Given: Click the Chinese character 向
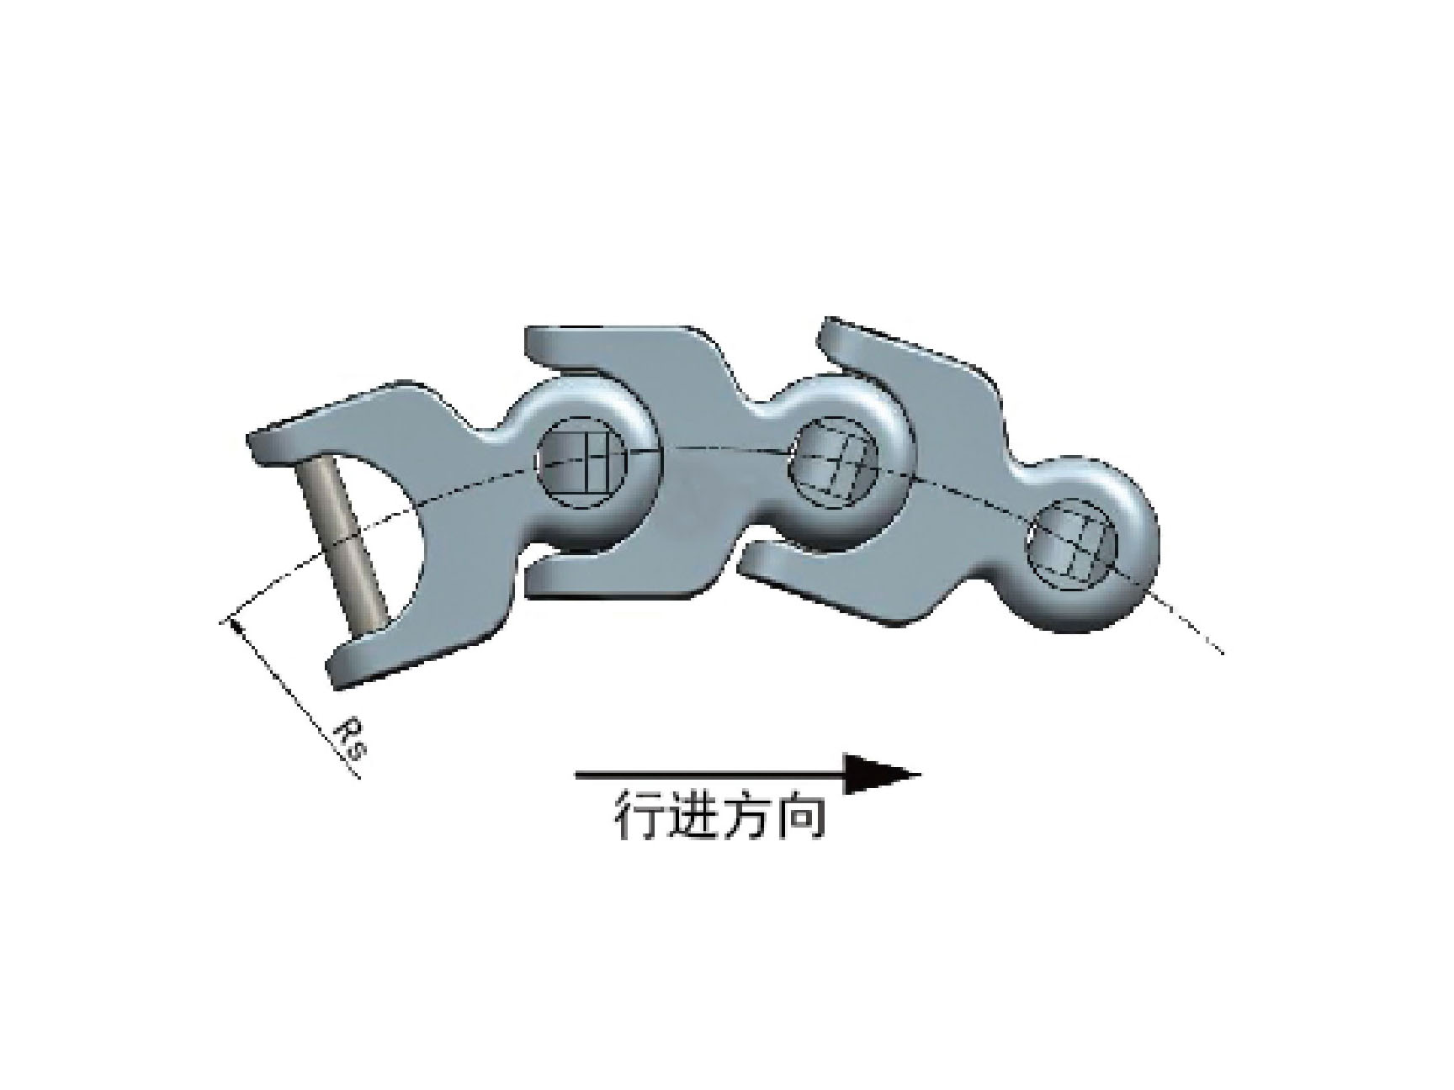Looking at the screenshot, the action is pos(800,814).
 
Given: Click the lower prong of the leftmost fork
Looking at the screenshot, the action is pos(404,648).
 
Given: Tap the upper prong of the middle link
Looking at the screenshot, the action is pos(623,353).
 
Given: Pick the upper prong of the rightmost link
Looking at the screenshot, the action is pos(909,362).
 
